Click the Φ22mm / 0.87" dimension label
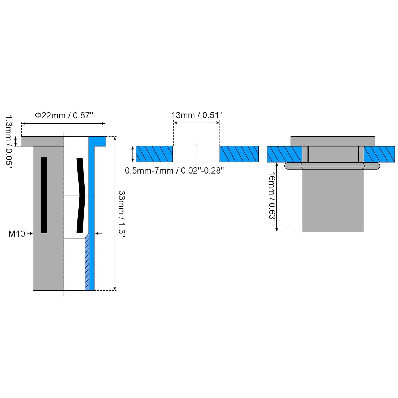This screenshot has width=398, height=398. [64, 115]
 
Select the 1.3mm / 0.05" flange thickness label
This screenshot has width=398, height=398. [9, 141]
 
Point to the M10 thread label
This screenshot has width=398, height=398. [17, 234]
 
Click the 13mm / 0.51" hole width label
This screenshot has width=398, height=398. [197, 115]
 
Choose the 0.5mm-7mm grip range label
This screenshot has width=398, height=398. [174, 171]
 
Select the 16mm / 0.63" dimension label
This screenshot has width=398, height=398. [272, 196]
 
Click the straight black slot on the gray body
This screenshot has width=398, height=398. [44, 195]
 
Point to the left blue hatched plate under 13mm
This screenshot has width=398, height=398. [154, 154]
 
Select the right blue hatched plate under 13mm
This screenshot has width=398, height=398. [239, 154]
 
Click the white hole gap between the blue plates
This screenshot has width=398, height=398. [196, 154]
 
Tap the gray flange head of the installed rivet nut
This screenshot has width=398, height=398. [333, 141]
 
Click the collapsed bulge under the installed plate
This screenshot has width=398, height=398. [332, 166]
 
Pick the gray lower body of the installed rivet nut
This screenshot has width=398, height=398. [333, 201]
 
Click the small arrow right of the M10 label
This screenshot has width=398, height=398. [30, 233]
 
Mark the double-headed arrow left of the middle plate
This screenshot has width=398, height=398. [133, 154]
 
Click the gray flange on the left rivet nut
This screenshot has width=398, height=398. [42, 141]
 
